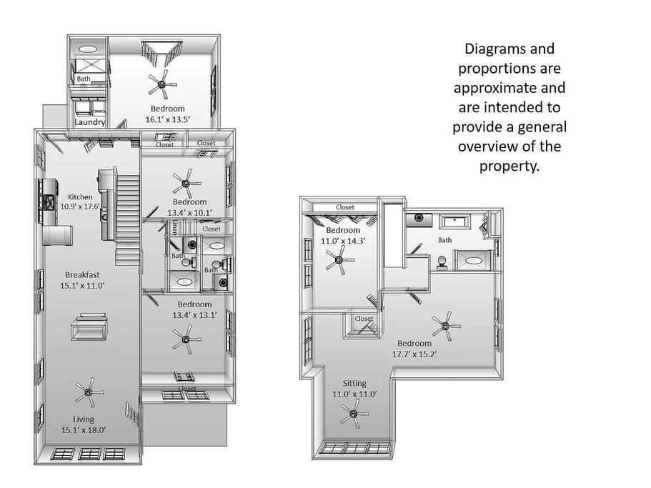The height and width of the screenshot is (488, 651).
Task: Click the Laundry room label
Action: [x=89, y=122]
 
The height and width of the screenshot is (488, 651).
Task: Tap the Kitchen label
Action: [x=80, y=196]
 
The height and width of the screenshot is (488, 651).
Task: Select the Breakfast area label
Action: [x=82, y=274]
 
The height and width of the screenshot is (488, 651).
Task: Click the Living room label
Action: [x=84, y=419]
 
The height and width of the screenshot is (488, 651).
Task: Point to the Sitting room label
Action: [x=354, y=384]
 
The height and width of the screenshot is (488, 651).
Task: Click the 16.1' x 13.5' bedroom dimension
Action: [x=168, y=119]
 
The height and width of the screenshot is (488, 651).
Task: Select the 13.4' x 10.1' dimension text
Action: [x=190, y=213]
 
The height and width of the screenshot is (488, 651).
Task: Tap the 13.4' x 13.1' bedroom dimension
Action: [x=194, y=315]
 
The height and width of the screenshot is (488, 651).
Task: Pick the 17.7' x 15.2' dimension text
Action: [x=414, y=354]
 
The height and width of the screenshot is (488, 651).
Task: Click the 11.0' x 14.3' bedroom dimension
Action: [x=343, y=241]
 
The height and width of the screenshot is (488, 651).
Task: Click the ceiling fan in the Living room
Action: [x=89, y=392]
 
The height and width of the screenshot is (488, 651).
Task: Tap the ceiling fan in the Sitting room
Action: [x=354, y=414]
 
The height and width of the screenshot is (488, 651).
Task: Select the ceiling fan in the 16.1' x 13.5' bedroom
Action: [x=162, y=84]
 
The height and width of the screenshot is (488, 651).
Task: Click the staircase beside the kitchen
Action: [x=127, y=220]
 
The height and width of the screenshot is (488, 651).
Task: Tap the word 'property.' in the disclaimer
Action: [x=510, y=166]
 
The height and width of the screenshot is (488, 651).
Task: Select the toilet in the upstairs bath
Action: [x=442, y=264]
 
